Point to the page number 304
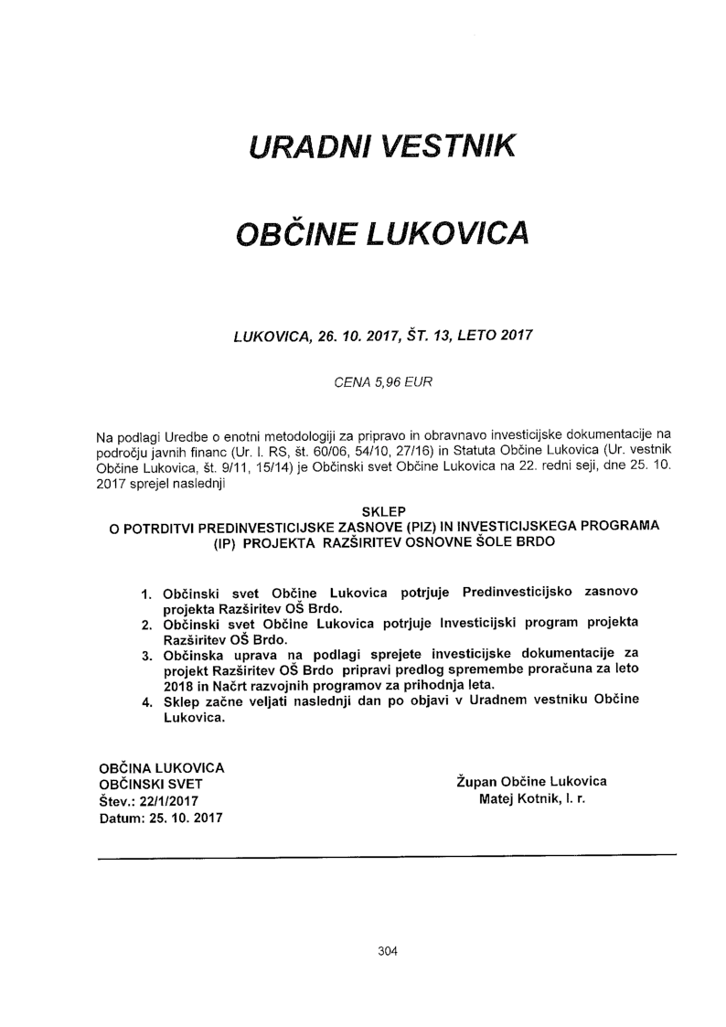pyautogui.click(x=388, y=951)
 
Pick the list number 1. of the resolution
pyautogui.click(x=146, y=594)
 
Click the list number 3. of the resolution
pyautogui.click(x=146, y=656)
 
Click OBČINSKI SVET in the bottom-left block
pyautogui.click(x=151, y=784)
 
